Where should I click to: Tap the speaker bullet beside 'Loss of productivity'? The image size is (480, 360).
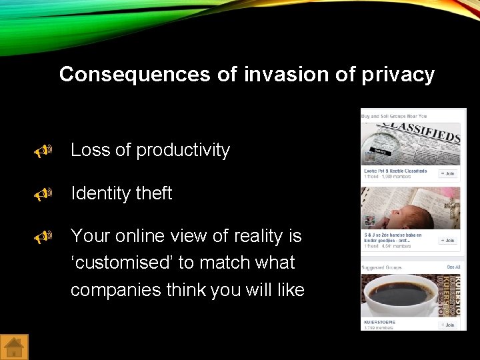point(44,152)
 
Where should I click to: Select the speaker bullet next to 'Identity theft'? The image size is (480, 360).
point(44,195)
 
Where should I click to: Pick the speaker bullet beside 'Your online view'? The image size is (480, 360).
point(44,237)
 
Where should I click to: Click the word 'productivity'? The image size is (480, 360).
point(183,151)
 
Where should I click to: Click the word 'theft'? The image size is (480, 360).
point(153,193)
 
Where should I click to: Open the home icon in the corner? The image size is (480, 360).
point(14,347)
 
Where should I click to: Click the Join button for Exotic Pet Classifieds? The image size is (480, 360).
point(447,173)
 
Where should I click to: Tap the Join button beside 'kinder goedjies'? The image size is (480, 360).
point(447,240)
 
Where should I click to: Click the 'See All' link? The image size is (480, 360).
point(453,267)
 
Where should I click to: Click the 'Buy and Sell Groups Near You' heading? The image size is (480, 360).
point(394,116)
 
